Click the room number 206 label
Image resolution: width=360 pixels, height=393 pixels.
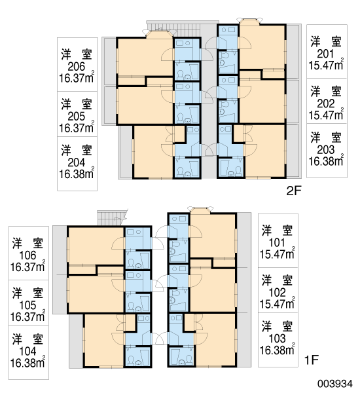(x=77, y=67)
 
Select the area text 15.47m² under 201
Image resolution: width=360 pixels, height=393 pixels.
(x=326, y=65)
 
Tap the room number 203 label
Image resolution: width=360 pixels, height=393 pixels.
(x=326, y=149)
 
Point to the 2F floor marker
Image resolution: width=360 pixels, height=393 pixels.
(x=294, y=191)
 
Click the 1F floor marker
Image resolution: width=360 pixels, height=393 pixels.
(x=311, y=360)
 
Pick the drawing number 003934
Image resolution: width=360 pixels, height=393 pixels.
(x=335, y=384)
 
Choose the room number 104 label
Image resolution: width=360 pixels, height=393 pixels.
(x=27, y=351)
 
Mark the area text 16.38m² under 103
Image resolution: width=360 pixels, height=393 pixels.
(x=277, y=349)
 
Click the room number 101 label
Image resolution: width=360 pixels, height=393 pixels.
(x=277, y=242)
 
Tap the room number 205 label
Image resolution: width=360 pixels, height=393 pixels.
(x=77, y=117)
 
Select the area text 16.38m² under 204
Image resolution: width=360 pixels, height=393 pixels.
(x=77, y=173)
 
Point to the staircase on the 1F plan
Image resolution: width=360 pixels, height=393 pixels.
(x=112, y=218)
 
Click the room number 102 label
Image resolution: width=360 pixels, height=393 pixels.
(x=277, y=293)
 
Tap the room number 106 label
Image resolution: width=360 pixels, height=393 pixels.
(x=27, y=255)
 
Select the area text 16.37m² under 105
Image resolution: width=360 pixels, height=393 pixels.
(x=27, y=316)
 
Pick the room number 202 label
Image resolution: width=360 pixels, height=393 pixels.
(x=326, y=103)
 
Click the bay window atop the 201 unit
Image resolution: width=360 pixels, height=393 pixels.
(x=250, y=21)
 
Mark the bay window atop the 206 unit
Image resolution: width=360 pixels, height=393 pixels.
(x=159, y=34)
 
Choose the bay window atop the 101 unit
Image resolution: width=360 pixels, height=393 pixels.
(x=200, y=210)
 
